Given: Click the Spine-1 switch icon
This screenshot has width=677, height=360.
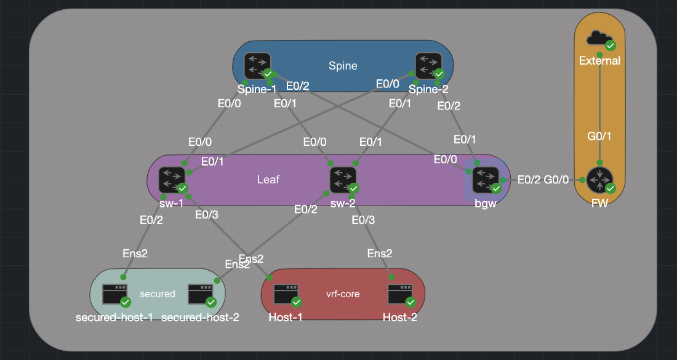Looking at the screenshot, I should click(x=257, y=65).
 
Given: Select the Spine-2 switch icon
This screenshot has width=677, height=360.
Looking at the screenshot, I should click(x=428, y=65).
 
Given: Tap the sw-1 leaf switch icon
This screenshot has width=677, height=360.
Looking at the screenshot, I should click(x=171, y=180).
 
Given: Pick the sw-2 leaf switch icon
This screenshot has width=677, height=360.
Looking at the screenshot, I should click(x=343, y=180).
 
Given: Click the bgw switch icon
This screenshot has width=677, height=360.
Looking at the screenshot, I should click(x=486, y=179).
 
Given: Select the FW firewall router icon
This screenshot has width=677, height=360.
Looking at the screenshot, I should click(x=599, y=180).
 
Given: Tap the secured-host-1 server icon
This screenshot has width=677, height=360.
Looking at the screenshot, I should click(x=115, y=294).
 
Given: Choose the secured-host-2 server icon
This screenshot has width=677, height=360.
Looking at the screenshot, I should click(x=201, y=294).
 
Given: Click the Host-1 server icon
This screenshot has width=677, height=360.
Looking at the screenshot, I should click(x=286, y=294).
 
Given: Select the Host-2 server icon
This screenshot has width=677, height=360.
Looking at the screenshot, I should click(x=400, y=294).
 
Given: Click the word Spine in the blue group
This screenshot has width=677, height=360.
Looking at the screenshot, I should click(x=343, y=66).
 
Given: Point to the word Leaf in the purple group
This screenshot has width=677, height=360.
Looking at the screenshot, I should click(x=268, y=180).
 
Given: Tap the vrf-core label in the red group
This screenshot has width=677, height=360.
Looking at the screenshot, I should click(x=343, y=294).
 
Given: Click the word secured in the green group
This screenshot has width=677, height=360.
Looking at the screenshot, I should click(x=158, y=294).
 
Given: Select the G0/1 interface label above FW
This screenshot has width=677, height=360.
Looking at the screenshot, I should click(x=600, y=136).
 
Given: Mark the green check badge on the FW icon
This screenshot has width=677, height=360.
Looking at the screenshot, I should click(x=610, y=188).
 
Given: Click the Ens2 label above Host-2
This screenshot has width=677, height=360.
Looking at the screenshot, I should click(x=380, y=254).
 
